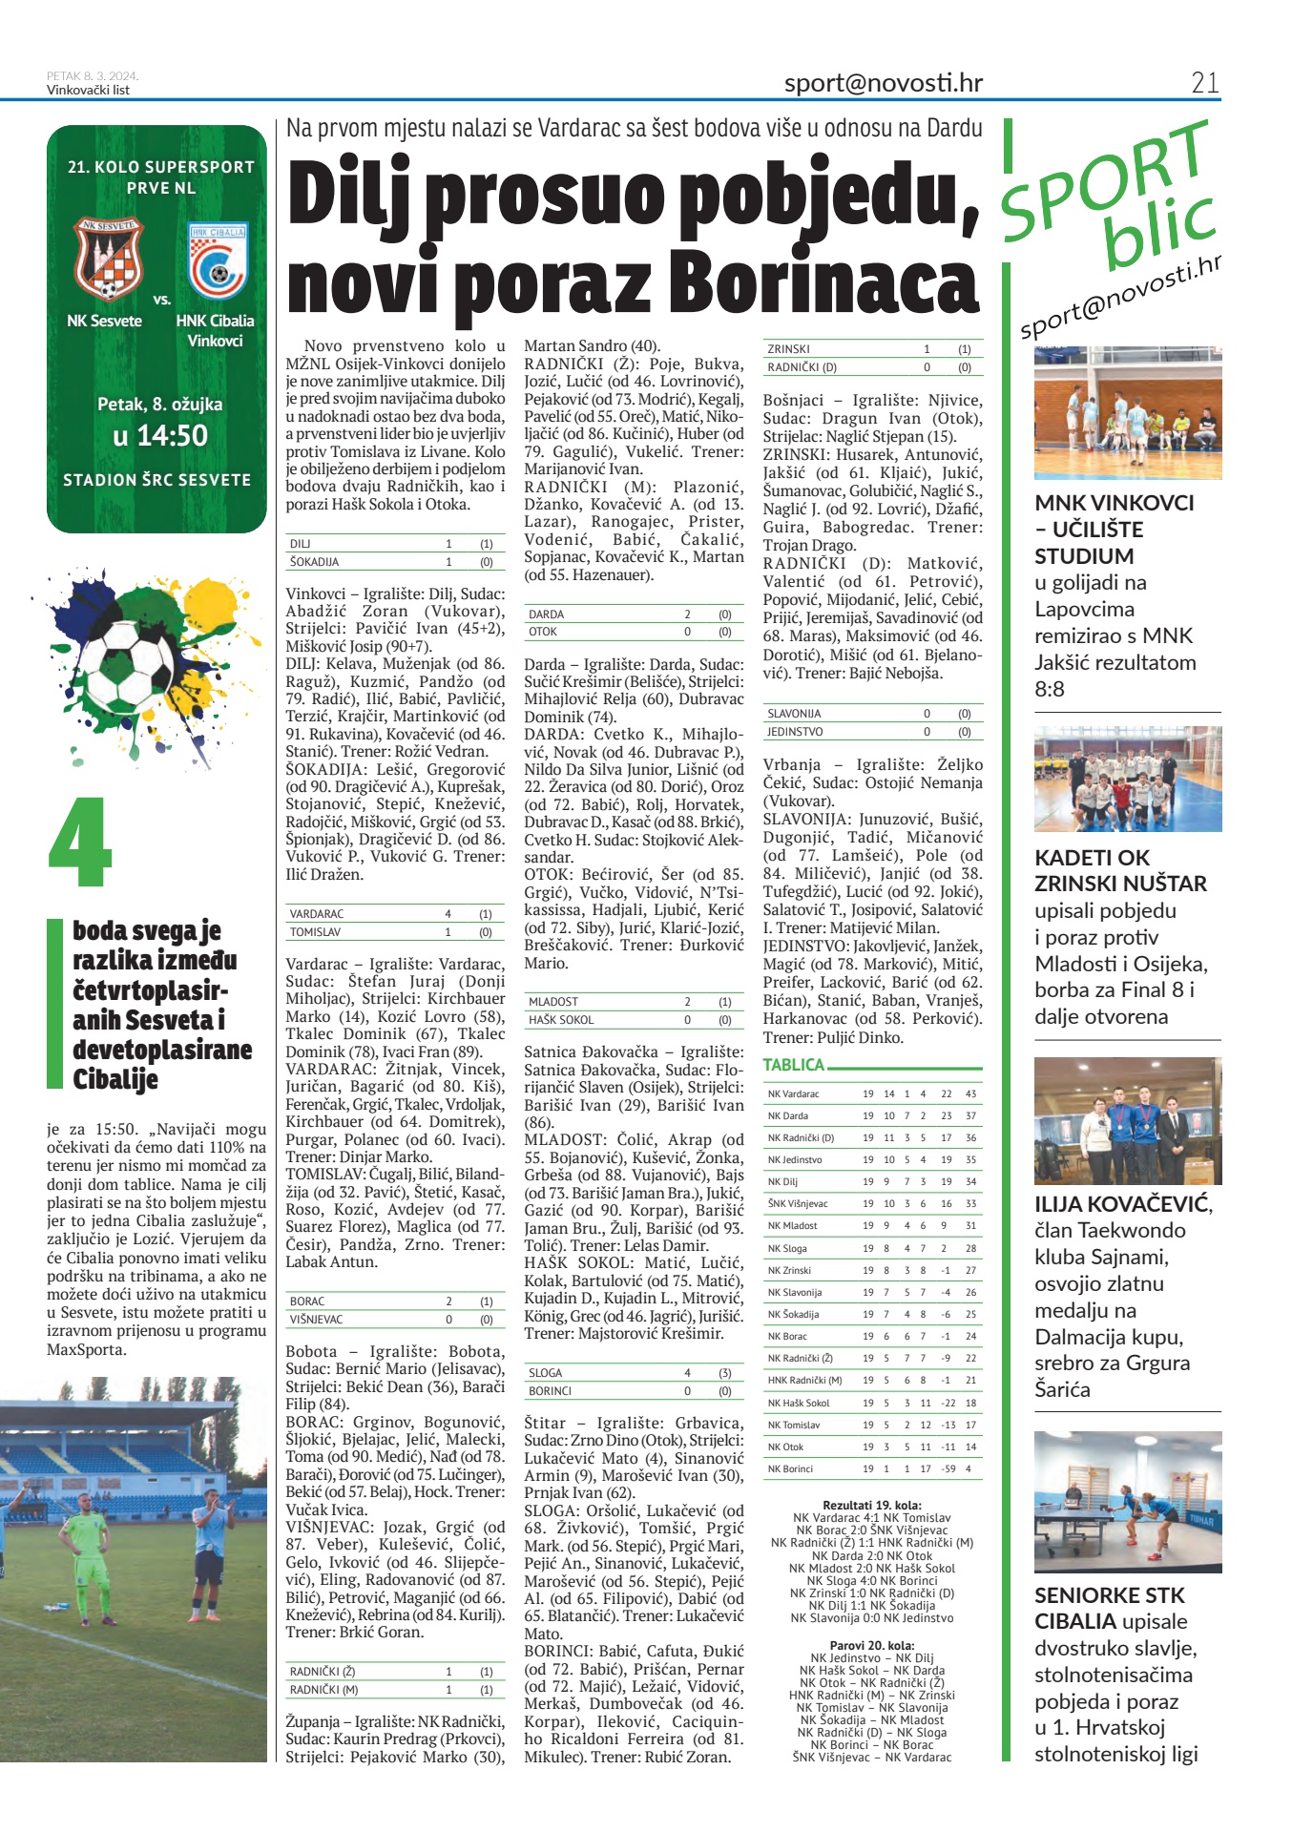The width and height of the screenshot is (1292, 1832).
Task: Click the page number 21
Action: (x=1204, y=83)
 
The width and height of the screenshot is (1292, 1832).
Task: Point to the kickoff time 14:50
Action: (x=159, y=436)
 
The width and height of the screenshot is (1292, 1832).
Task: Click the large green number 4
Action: (x=80, y=843)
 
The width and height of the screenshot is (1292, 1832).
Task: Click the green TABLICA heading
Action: (x=793, y=1065)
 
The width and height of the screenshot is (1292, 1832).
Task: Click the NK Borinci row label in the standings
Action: (x=790, y=1468)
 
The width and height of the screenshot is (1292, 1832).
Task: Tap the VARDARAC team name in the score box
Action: (x=317, y=913)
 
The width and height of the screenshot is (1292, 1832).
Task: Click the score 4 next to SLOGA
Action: (x=687, y=1372)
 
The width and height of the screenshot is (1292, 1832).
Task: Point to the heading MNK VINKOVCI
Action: (x=1114, y=503)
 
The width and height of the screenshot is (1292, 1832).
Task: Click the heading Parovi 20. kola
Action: (x=872, y=1645)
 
